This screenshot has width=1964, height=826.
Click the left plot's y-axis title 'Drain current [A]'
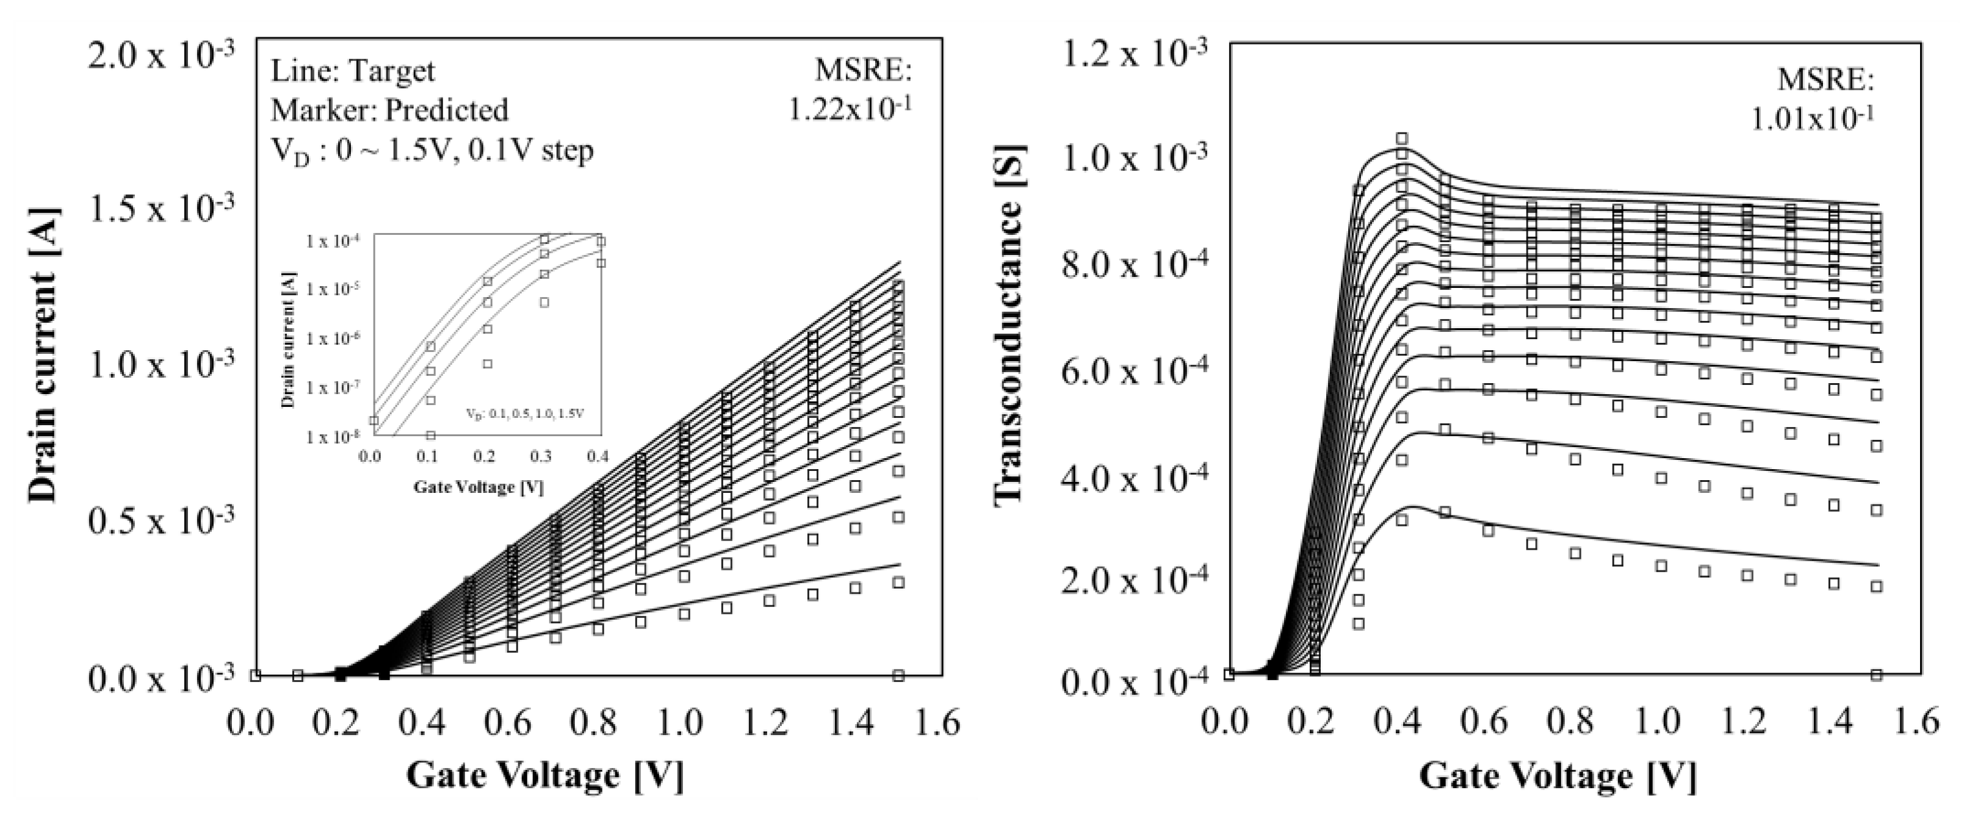(43, 356)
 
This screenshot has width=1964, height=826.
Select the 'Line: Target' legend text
(352, 71)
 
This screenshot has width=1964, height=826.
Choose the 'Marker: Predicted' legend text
(389, 110)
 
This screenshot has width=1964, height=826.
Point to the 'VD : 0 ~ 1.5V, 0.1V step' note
(431, 151)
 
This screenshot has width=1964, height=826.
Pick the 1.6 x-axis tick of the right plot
(1918, 722)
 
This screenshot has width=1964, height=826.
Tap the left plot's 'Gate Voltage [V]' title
(545, 777)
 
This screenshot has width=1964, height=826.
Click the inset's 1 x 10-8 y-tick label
(334, 437)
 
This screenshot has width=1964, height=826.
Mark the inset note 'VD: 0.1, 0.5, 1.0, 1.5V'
(525, 414)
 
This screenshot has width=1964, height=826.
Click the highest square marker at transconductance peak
(1401, 138)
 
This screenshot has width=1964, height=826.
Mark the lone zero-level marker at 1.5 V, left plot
(898, 675)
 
